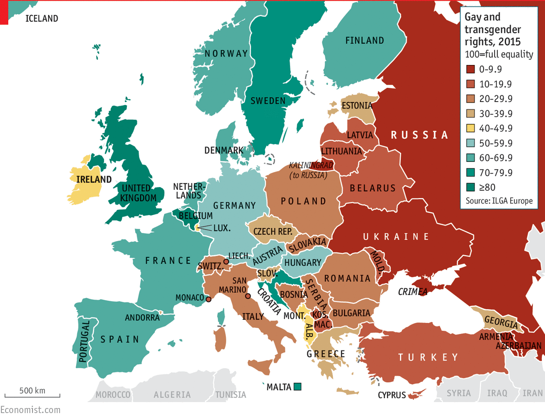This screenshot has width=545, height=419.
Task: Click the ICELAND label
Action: click(42, 19)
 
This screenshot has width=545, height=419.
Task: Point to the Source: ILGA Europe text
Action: click(499, 201)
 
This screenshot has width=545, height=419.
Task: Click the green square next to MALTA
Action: click(298, 387)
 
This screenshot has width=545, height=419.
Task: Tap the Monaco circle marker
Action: click(208, 299)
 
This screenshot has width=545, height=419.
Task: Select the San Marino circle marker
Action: click(248, 296)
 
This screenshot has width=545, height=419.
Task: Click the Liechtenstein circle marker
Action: click(226, 262)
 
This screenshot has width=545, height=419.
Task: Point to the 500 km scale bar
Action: click(32, 395)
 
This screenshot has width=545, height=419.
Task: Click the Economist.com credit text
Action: click(30, 410)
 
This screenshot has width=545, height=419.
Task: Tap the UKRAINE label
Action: click(396, 237)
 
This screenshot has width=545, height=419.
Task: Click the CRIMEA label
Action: click(412, 292)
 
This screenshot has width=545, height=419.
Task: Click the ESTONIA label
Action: click(357, 106)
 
